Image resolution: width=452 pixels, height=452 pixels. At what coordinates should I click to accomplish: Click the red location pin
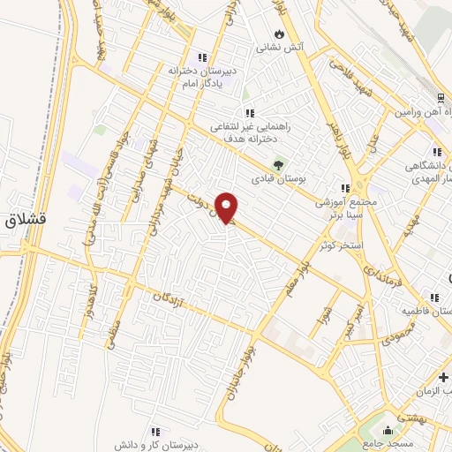click(x=229, y=208)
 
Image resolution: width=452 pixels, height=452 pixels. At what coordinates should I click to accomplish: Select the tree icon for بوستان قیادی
click(x=280, y=164)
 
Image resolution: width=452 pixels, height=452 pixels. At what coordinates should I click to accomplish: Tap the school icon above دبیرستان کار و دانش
click(x=155, y=431)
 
